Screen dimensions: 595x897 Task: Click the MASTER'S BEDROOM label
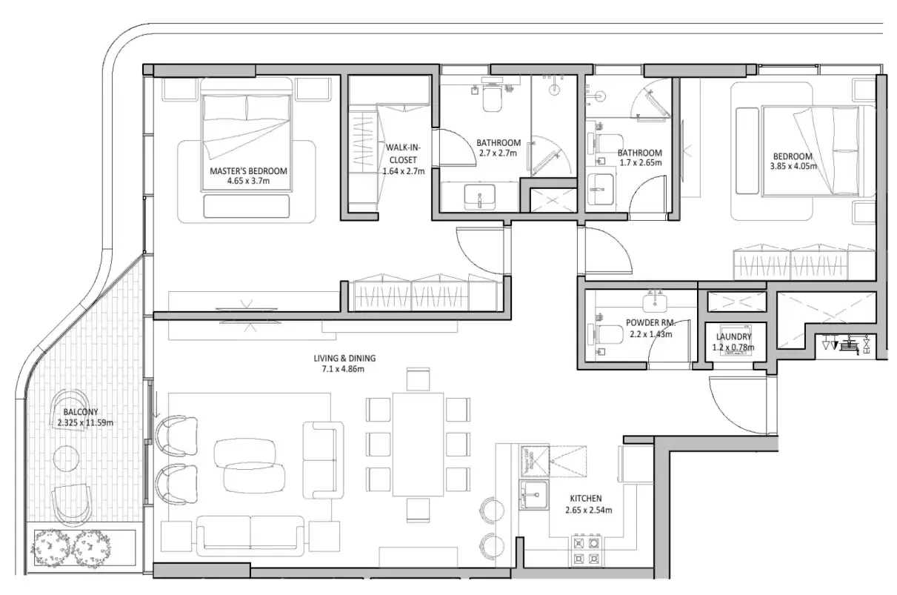[248, 171]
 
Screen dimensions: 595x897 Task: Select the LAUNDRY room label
[733, 336]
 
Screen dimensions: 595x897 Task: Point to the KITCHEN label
[585, 499]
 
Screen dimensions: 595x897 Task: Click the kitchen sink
[532, 493]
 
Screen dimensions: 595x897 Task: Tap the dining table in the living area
[418, 444]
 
